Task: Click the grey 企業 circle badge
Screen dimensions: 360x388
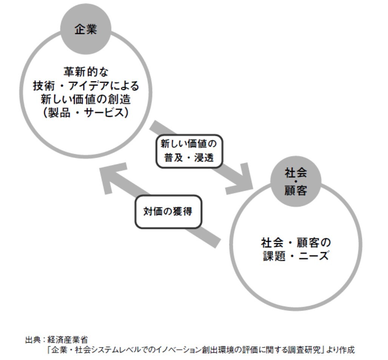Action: click(x=86, y=29)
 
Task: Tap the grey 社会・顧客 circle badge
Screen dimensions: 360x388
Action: click(x=296, y=181)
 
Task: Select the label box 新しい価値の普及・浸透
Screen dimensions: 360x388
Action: click(x=189, y=151)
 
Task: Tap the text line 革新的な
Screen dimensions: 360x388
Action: click(x=86, y=71)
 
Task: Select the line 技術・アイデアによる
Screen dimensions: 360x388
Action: click(x=86, y=86)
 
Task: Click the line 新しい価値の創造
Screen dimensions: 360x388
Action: click(x=86, y=100)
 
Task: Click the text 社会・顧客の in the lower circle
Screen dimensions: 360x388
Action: click(x=296, y=242)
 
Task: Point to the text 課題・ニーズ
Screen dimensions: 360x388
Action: click(x=296, y=257)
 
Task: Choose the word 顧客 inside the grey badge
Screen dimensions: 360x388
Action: click(x=296, y=190)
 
